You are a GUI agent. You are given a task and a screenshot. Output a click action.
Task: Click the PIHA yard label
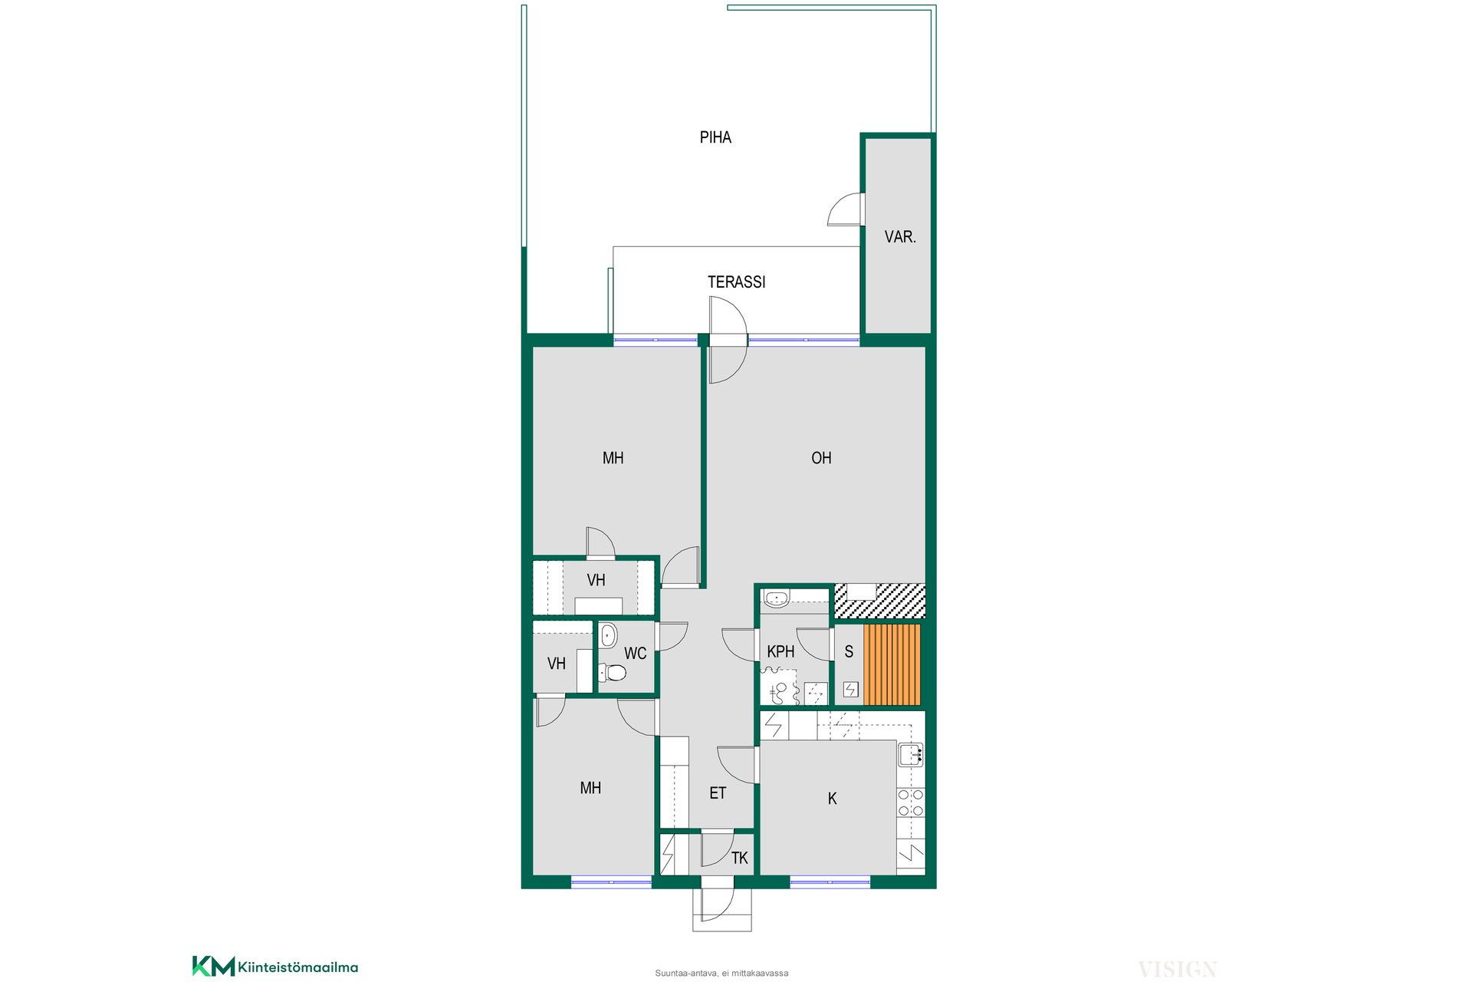[715, 137]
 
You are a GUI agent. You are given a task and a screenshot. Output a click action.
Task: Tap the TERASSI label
[736, 282]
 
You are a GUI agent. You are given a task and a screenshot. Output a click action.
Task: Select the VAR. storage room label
[900, 237]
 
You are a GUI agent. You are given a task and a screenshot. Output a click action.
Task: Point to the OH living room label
[821, 458]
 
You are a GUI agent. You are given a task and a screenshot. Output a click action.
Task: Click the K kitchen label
[833, 799]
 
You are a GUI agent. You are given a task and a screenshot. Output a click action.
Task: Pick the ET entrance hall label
[718, 793]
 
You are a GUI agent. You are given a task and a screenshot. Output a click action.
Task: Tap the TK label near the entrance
[740, 858]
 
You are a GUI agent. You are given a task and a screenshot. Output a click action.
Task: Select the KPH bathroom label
[780, 651]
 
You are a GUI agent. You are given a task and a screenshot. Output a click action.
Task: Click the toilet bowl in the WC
[613, 673]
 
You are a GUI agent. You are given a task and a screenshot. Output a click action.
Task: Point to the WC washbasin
[609, 635]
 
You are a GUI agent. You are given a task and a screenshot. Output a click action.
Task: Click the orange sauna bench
[892, 664]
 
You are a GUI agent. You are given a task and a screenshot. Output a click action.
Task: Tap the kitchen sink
[911, 755]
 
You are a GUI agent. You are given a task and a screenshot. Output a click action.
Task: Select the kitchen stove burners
[911, 802]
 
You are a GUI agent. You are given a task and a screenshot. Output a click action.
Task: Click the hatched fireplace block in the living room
[879, 601]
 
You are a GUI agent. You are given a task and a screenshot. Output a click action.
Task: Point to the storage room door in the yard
[846, 209]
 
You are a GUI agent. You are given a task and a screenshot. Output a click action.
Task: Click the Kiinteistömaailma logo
[275, 967]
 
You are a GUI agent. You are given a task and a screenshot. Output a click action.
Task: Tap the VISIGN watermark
[1178, 970]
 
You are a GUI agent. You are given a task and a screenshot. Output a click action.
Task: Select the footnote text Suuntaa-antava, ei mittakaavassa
[721, 974]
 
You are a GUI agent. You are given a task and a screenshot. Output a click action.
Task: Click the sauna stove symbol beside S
[850, 690]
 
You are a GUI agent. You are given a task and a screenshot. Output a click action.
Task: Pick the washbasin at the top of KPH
[777, 598]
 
